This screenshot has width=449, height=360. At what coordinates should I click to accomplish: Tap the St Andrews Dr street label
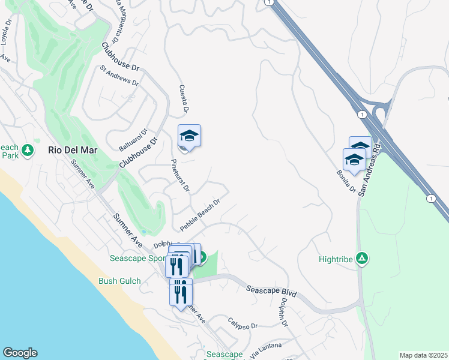[x=119, y=75]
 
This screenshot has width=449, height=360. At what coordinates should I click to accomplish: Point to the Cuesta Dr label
[x=184, y=99]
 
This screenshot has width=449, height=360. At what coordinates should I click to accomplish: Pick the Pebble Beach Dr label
[x=200, y=214]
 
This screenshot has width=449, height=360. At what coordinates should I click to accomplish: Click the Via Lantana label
[x=265, y=347]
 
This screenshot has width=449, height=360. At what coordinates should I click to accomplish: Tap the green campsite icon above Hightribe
[x=362, y=259]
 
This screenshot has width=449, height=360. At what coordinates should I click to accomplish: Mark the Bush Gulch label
[x=120, y=281]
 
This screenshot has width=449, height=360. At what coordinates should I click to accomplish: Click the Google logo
[x=20, y=353]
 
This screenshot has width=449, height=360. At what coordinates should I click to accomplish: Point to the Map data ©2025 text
[x=423, y=355]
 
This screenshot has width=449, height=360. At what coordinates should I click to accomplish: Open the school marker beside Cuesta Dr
[x=189, y=137]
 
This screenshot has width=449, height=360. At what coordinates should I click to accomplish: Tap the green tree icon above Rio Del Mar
[x=26, y=149]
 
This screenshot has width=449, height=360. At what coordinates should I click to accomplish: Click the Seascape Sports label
[x=137, y=259]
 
